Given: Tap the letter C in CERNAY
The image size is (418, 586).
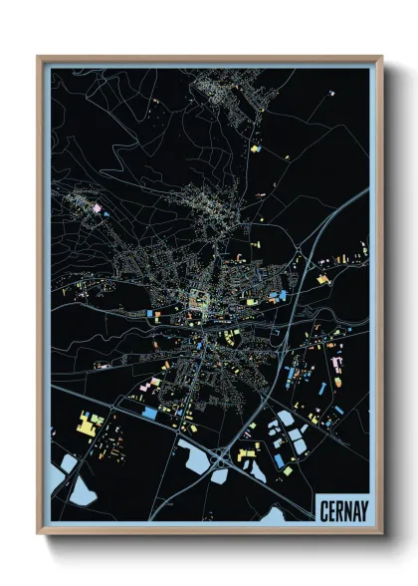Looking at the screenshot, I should coord(323,509).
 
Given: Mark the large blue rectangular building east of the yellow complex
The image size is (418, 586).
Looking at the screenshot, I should coord(149,413).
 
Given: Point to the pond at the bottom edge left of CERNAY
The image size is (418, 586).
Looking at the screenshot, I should coord(277,516).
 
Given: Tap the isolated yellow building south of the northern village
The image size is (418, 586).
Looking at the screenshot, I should coord(255,148).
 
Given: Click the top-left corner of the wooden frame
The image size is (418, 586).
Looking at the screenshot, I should coord(39,58).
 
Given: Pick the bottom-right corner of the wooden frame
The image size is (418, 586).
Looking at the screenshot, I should coord(381,533).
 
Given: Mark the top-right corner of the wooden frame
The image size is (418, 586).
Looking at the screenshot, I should coord(381,58).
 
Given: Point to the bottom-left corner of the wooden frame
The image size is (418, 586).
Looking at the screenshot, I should coord(39,533).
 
